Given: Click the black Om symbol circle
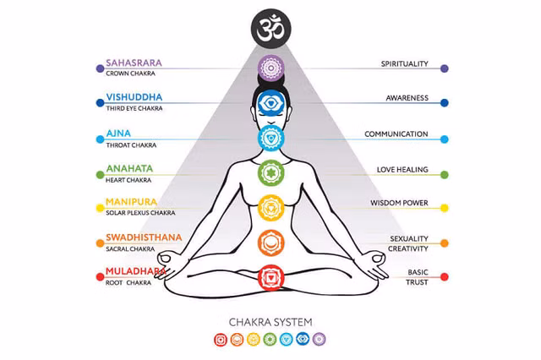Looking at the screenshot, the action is (x=270, y=29).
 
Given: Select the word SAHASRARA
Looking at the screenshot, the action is (x=134, y=63).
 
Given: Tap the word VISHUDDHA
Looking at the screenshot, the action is (x=134, y=97).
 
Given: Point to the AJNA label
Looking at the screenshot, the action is (x=118, y=134).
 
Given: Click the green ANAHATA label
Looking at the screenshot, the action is (x=129, y=169).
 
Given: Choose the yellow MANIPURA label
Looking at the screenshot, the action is (x=131, y=202).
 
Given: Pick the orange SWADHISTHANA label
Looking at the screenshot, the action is (x=144, y=237).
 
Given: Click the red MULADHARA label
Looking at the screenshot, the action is (x=136, y=271).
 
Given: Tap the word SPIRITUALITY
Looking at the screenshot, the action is (x=404, y=63).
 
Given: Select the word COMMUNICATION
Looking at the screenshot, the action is (x=396, y=134).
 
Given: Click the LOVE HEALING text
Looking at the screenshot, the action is (x=402, y=170).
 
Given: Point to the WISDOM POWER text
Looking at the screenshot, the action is (x=399, y=203).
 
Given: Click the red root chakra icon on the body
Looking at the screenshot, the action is (x=270, y=277).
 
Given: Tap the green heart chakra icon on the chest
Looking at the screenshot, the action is (x=270, y=172).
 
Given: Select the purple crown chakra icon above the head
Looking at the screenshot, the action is (x=270, y=68).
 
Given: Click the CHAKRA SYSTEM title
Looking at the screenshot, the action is (x=270, y=322).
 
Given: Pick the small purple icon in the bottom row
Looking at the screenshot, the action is (x=320, y=340).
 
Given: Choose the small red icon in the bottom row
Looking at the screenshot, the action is (x=221, y=340).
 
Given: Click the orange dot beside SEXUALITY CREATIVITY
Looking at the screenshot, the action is (x=445, y=243).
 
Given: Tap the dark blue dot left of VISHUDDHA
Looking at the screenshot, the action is (x=100, y=103).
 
